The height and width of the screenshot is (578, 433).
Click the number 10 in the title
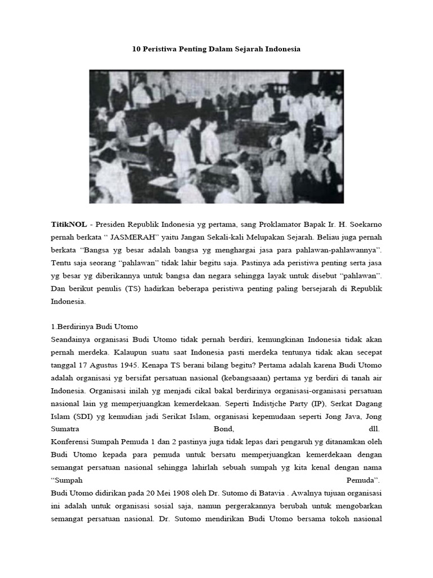[x=136, y=49]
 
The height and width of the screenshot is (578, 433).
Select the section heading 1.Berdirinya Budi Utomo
[x=94, y=327]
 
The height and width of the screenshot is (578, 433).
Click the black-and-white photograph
[x=216, y=136]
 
